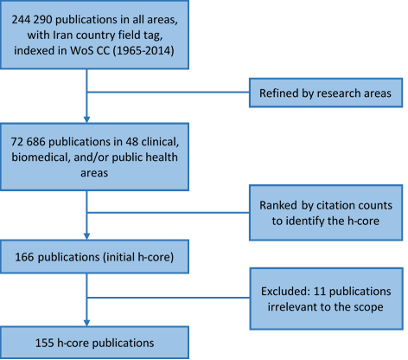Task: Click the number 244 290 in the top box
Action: tap(32, 20)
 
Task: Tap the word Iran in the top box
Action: tap(62, 35)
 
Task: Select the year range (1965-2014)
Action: tap(143, 51)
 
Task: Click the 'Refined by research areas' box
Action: tap(326, 93)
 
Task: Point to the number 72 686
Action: tap(29, 142)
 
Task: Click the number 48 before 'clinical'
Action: tap(132, 142)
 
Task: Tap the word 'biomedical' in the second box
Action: tap(41, 157)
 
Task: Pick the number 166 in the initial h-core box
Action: tap(24, 257)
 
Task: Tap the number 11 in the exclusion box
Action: tap(319, 292)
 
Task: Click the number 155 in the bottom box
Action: tap(44, 344)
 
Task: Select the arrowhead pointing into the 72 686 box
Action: tap(86, 119)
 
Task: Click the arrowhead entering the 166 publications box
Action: tap(86, 236)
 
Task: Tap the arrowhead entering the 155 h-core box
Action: tap(86, 323)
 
